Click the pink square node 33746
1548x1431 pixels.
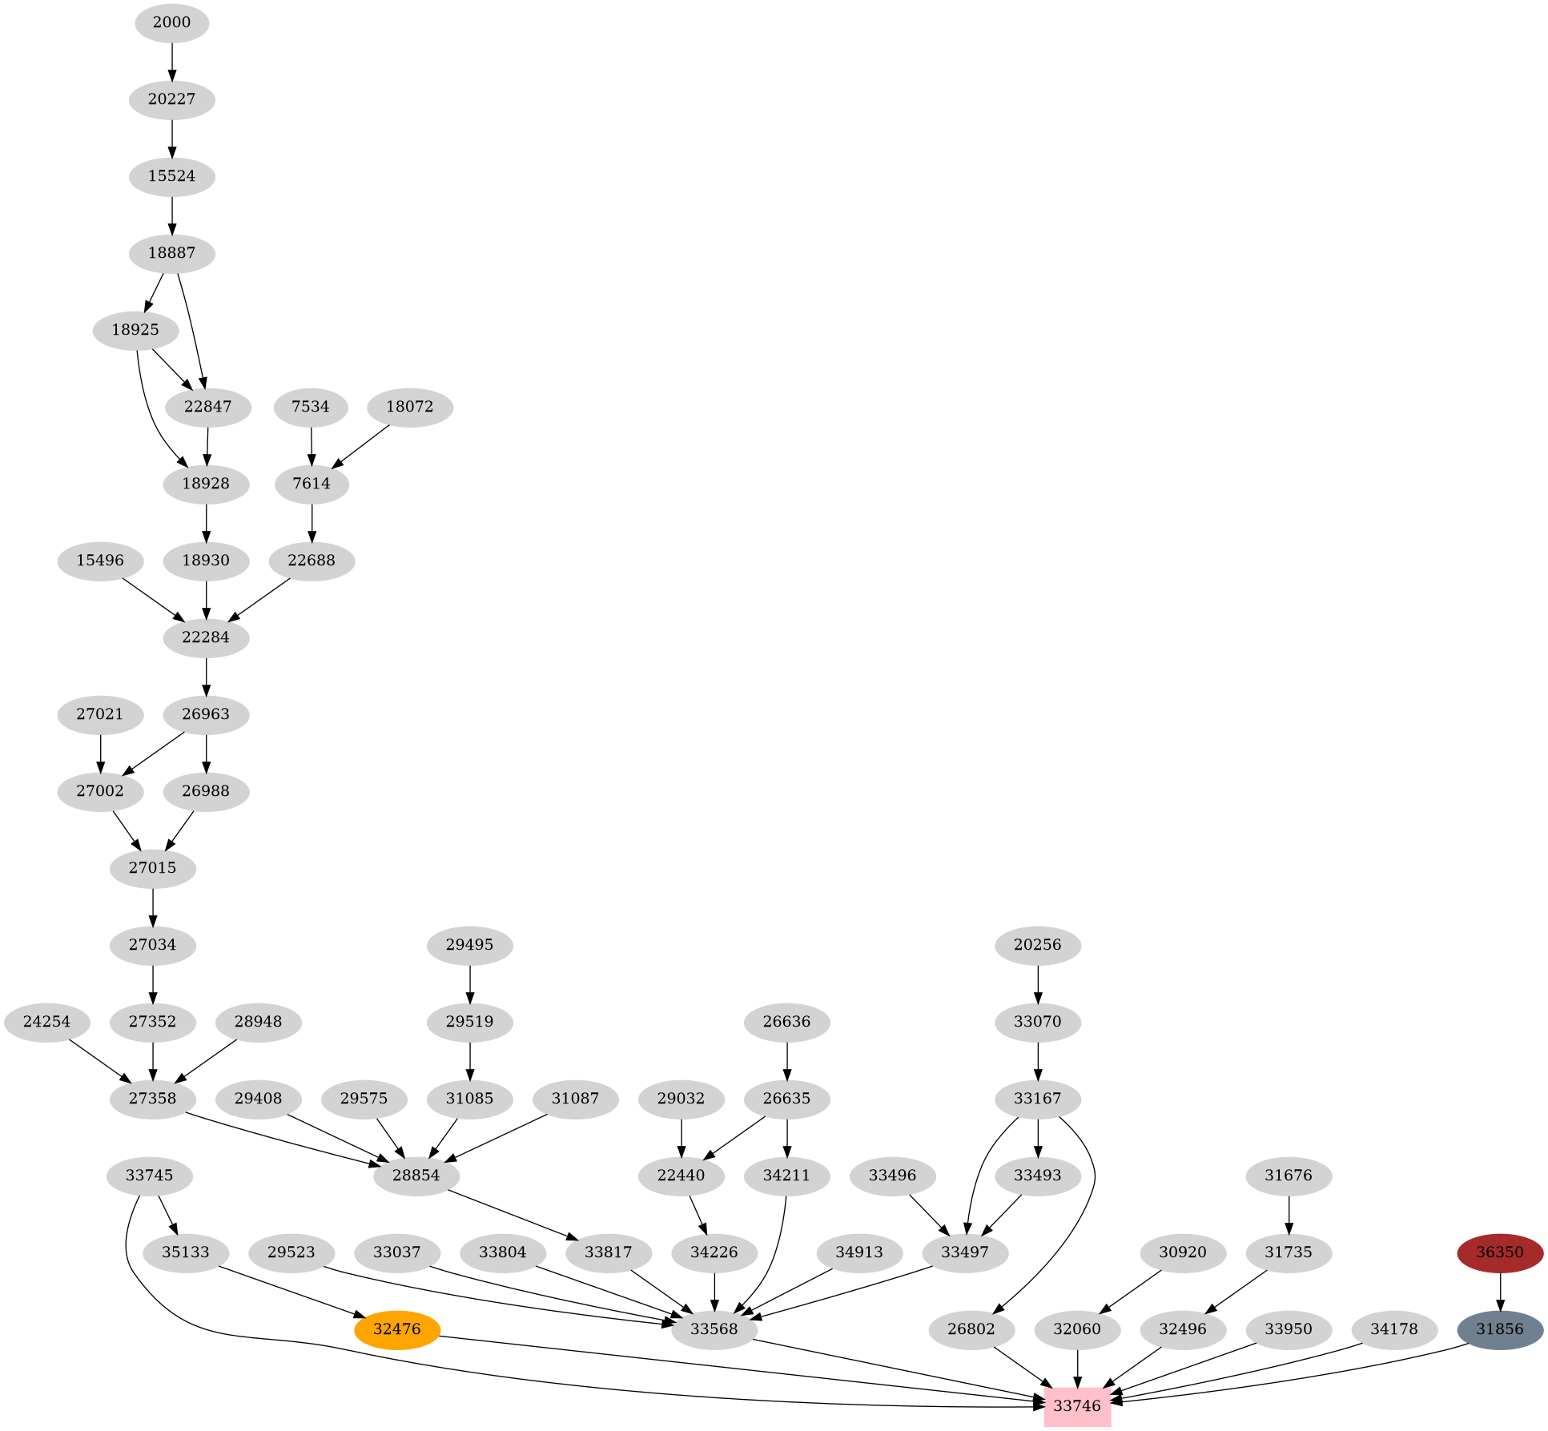(x=1077, y=1405)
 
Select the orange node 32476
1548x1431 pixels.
(x=397, y=1329)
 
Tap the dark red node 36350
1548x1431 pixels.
(x=1500, y=1252)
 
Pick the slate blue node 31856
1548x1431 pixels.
(x=1500, y=1329)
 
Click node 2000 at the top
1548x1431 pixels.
(x=172, y=22)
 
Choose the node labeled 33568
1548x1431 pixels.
(x=714, y=1329)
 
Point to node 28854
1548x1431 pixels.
(x=416, y=1176)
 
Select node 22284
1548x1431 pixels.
(x=207, y=637)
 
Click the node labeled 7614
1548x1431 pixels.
(x=312, y=484)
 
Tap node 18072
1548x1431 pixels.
(x=410, y=407)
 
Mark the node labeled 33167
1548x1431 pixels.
(x=1038, y=1099)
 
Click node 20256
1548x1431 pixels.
(x=1038, y=945)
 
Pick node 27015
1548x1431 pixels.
(x=153, y=868)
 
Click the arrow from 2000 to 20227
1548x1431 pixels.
(x=172, y=61)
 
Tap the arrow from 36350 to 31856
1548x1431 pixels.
(x=1500, y=1291)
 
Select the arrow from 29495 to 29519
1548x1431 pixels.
(x=470, y=983)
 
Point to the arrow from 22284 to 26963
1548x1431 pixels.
(x=207, y=676)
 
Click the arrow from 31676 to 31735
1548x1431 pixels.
(x=1289, y=1214)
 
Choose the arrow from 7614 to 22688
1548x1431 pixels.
(x=312, y=522)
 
